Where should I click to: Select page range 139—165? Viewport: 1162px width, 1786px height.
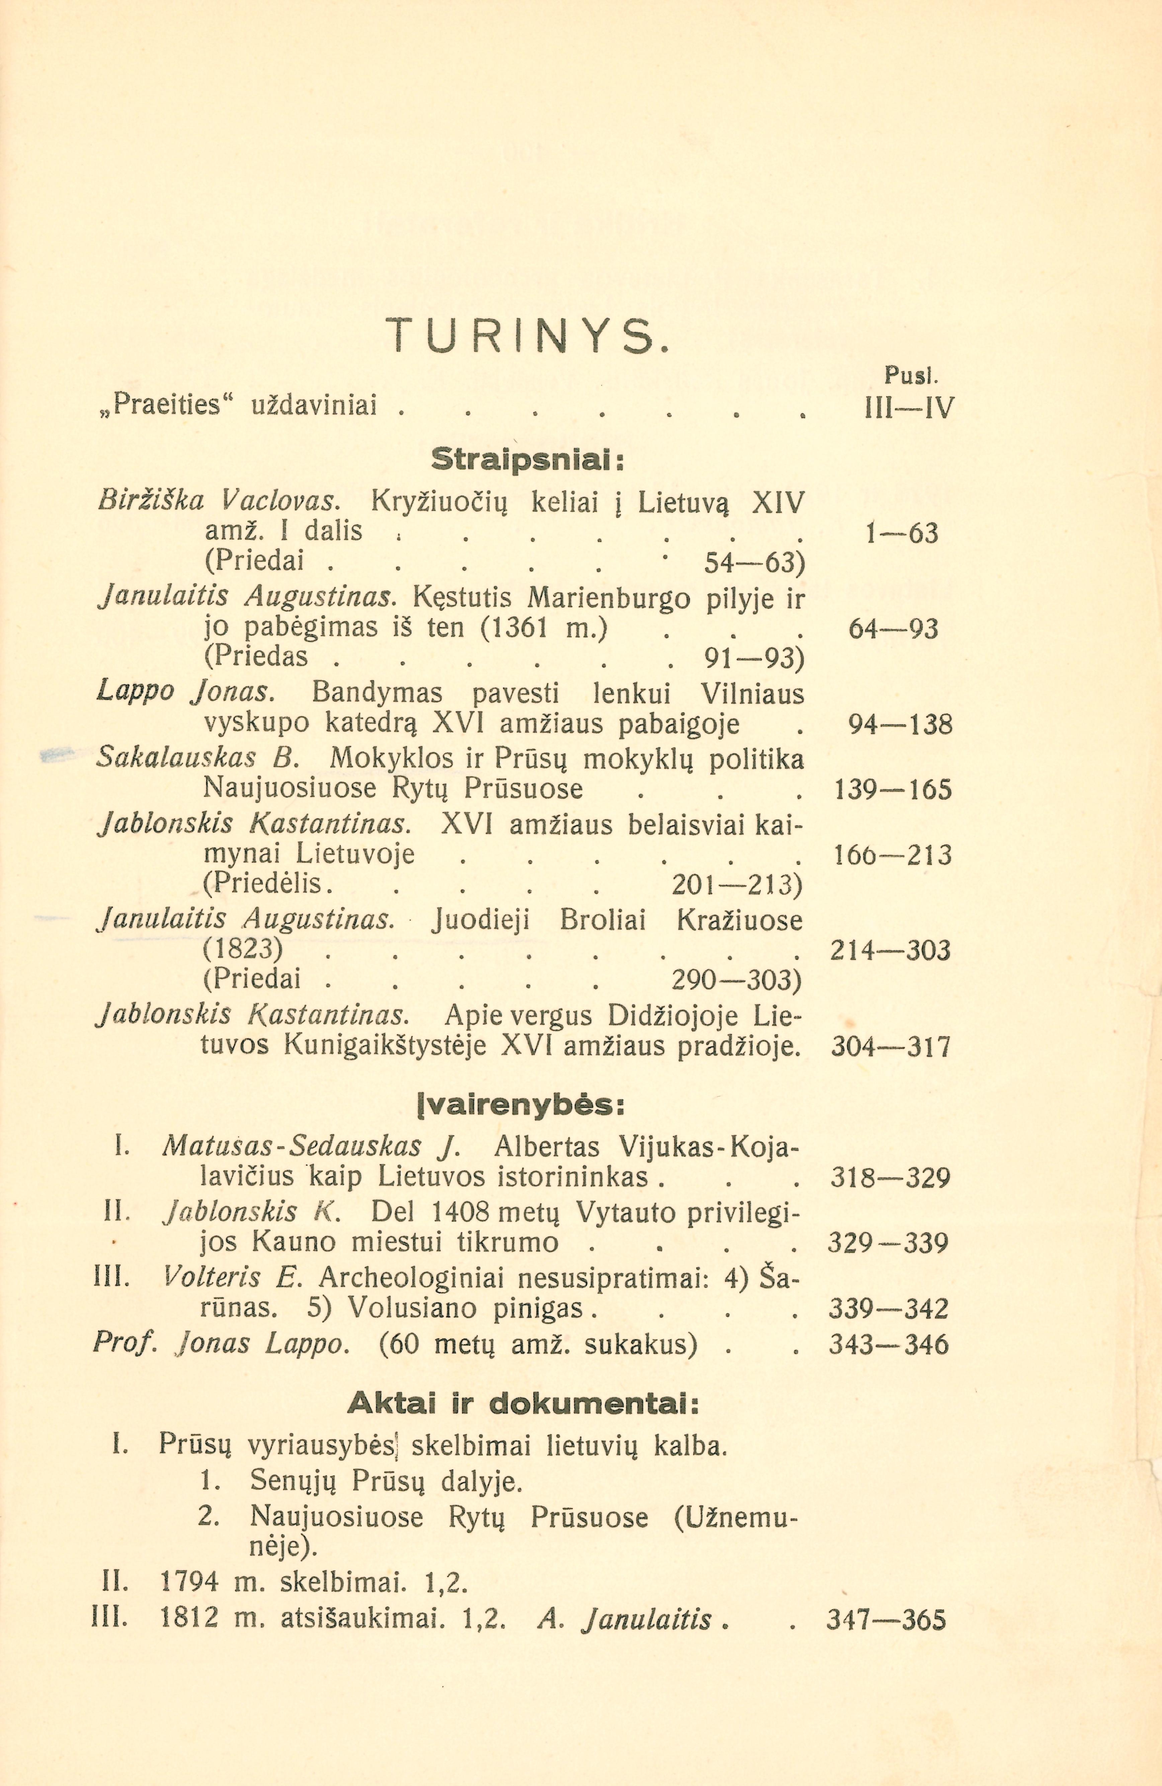pos(893,789)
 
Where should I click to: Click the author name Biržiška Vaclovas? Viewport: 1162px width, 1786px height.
pos(218,501)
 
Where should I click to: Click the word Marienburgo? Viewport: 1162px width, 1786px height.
pos(609,598)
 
